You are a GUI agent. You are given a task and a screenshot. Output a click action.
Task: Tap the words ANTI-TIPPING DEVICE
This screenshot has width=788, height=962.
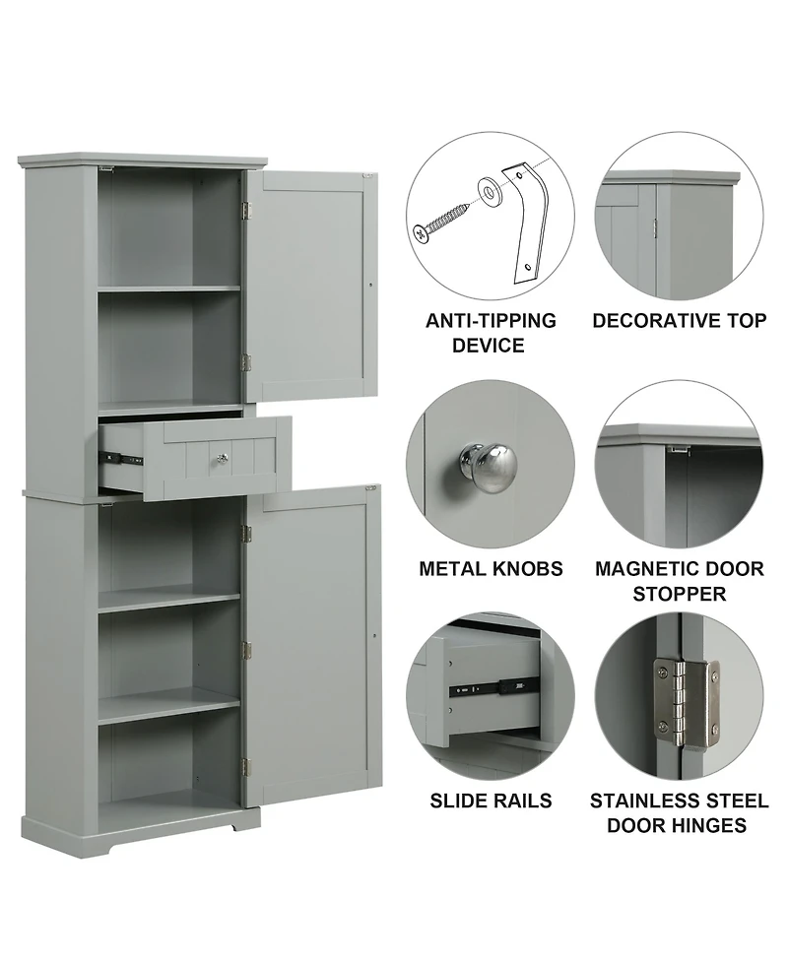click(491, 333)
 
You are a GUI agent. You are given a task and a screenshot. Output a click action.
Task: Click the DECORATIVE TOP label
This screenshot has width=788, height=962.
click(679, 321)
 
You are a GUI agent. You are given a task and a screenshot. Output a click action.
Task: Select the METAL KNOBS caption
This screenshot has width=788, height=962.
click(491, 569)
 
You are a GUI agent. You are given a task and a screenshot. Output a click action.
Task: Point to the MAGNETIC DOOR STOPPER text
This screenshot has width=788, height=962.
click(679, 581)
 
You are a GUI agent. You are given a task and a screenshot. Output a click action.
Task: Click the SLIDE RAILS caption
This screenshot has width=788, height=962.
click(491, 800)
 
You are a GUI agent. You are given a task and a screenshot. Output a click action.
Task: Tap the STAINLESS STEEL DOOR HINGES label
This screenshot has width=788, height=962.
click(679, 812)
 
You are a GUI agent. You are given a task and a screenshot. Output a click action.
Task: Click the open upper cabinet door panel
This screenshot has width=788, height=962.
click(311, 286)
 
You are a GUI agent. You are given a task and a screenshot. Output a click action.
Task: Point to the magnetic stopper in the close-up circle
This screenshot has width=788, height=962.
click(679, 449)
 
